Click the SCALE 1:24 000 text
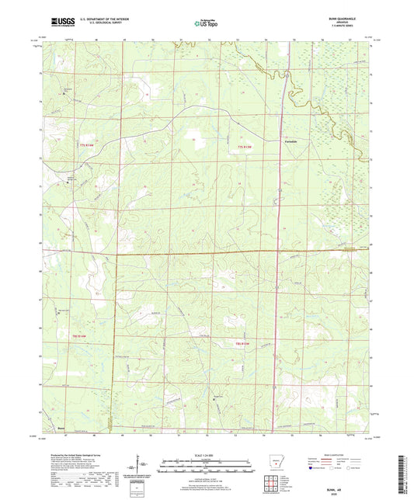[x=206, y=455]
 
